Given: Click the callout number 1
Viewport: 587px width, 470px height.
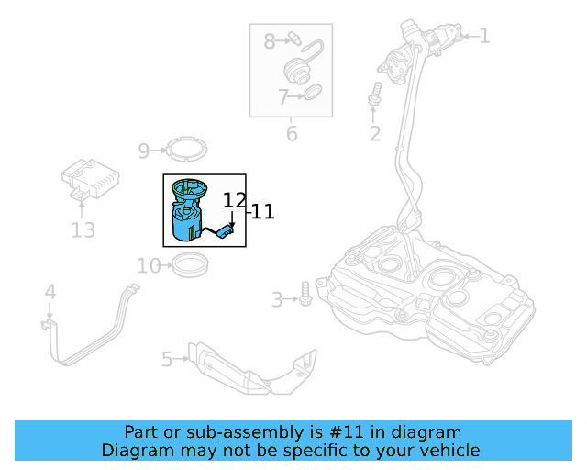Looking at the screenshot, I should coord(484,37).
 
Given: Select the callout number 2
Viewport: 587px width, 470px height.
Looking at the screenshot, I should coord(374,135).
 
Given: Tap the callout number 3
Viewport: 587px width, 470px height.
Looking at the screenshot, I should coord(277,299).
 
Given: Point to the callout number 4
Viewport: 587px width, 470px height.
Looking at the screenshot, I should coord(50,292).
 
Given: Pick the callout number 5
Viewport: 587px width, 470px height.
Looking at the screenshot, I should coord(167,359).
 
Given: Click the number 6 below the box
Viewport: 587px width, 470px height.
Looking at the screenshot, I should coord(292,134).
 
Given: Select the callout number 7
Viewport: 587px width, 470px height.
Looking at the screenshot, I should coord(283,95).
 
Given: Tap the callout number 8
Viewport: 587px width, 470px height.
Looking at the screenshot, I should coord(270,40).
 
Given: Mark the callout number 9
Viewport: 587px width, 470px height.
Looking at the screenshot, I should coord(144,151).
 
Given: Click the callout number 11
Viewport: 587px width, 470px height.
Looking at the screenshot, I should coord(262,212).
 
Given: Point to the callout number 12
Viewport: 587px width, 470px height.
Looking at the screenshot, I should coord(235,200).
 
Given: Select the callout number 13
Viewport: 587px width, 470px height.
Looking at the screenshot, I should coord(83,229).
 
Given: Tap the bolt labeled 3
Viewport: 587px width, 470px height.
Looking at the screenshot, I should coord(305,298).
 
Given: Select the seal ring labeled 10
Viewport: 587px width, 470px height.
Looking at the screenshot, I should coord(191,266).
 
